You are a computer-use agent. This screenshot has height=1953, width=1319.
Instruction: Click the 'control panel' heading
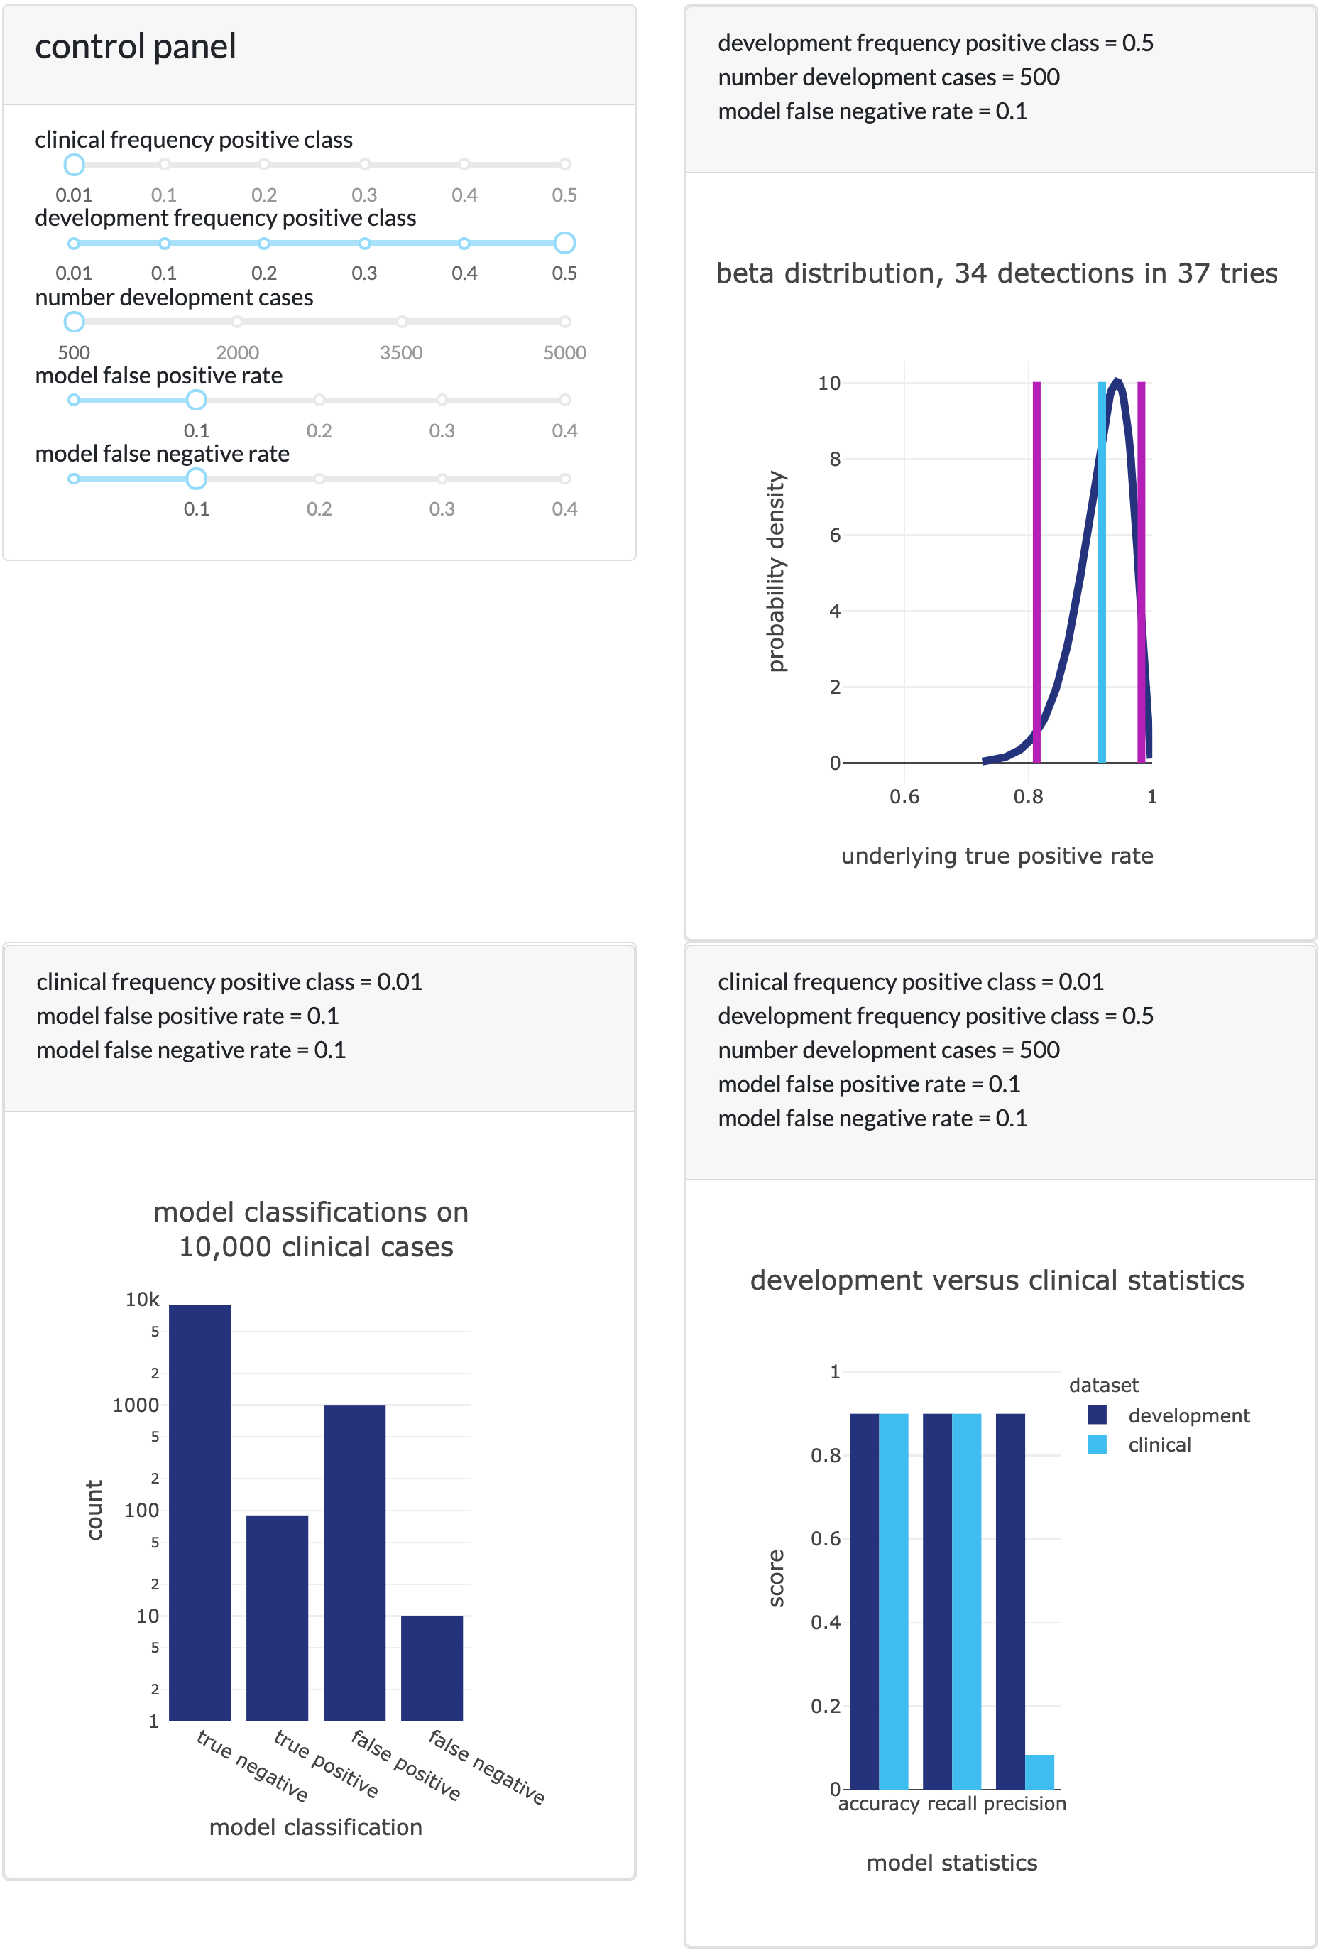[x=136, y=47]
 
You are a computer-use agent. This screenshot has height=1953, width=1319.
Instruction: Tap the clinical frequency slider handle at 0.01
[x=74, y=165]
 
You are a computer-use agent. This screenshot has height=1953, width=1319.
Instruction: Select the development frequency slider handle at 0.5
[x=564, y=243]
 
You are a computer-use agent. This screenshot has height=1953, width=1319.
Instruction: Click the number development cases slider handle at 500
[x=74, y=322]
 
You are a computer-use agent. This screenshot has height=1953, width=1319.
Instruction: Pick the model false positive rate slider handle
[x=197, y=400]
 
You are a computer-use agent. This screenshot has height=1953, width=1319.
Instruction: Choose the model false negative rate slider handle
[x=197, y=479]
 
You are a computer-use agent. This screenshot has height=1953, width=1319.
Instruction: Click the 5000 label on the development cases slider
[x=564, y=353]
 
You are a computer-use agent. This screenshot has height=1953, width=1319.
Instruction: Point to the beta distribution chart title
[x=997, y=274]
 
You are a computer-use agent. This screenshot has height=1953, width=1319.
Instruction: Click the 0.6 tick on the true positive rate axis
[x=904, y=797]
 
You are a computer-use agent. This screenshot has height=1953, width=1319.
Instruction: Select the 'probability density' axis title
[x=776, y=572]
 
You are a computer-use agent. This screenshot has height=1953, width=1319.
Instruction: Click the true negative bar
[x=200, y=1513]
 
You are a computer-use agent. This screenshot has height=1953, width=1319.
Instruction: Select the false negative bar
[x=432, y=1668]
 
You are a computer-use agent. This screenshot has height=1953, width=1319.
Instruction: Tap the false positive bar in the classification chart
[x=354, y=1563]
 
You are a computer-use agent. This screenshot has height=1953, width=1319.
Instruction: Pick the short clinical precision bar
[x=1039, y=1773]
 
